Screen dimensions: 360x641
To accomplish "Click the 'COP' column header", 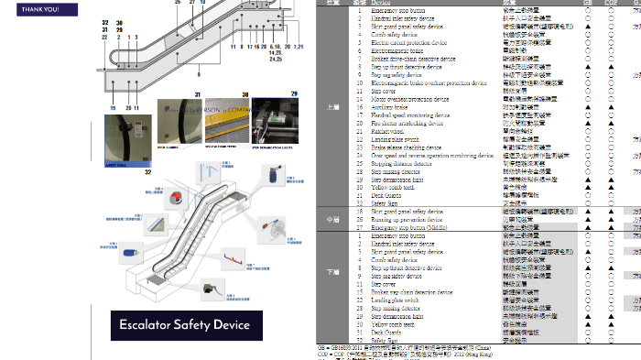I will (610, 3).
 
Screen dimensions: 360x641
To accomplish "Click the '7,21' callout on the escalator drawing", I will (299, 45).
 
